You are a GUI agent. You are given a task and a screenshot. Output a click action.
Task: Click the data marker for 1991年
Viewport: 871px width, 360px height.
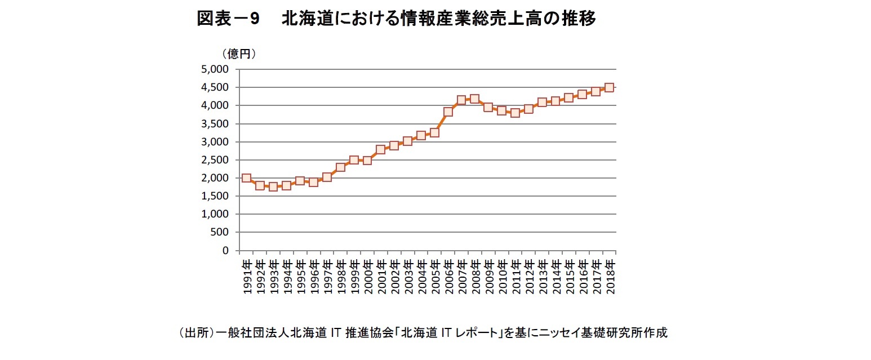(x=246, y=178)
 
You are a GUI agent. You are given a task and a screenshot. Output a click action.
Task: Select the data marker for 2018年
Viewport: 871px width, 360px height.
(x=609, y=88)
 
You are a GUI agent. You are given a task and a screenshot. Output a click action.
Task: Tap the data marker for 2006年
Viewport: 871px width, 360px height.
(x=448, y=112)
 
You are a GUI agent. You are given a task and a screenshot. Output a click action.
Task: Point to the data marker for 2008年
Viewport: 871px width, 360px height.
(x=474, y=99)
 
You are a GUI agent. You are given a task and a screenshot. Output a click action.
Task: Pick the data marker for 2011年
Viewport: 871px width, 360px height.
(x=515, y=113)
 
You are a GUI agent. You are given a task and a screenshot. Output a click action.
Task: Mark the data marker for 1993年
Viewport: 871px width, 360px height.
(x=273, y=186)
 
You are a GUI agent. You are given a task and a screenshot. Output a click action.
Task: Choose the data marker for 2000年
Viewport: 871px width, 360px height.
(x=367, y=160)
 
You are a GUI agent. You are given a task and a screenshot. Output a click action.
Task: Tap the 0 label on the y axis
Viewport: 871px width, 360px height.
(x=224, y=250)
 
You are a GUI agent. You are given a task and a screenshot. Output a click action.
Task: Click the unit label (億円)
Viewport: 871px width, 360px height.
(x=239, y=54)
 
